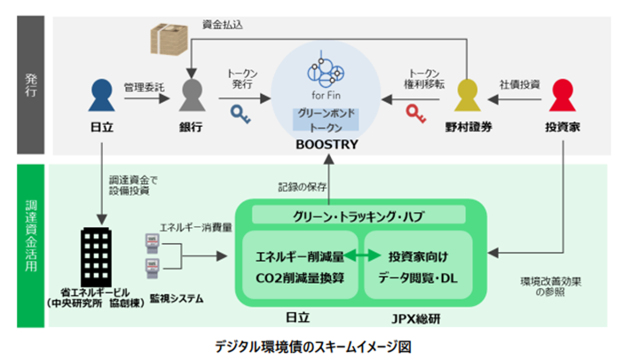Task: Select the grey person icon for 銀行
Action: coord(193,95)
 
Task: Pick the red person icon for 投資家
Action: coord(564,95)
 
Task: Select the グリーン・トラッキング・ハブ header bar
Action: coord(359,215)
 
